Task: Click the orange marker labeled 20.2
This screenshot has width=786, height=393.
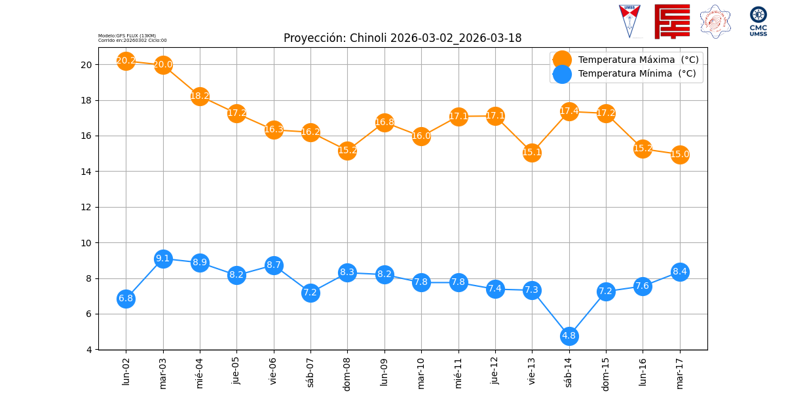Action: pyautogui.click(x=126, y=61)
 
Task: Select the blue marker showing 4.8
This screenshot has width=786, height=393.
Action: pyautogui.click(x=569, y=336)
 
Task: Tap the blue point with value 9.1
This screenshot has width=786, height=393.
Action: pyautogui.click(x=163, y=259)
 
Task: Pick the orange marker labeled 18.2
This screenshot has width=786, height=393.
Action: pyautogui.click(x=200, y=96)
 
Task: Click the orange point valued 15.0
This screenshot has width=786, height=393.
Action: pyautogui.click(x=680, y=155)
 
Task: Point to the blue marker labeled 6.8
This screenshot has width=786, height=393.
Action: pyautogui.click(x=126, y=299)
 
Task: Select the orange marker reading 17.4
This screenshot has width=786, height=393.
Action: pyautogui.click(x=569, y=111)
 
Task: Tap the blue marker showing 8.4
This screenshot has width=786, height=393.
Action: pyautogui.click(x=680, y=272)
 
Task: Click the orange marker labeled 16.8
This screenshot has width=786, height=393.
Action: pyautogui.click(x=384, y=122)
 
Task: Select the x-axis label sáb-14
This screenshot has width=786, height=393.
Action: pyautogui.click(x=569, y=370)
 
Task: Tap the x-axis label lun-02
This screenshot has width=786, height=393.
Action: pyautogui.click(x=126, y=370)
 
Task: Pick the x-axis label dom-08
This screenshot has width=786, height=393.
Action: pyautogui.click(x=347, y=372)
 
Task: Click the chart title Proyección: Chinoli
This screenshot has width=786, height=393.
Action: pyautogui.click(x=402, y=38)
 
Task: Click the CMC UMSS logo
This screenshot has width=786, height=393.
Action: pyautogui.click(x=758, y=21)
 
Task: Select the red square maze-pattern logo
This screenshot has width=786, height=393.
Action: pyautogui.click(x=672, y=21)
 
